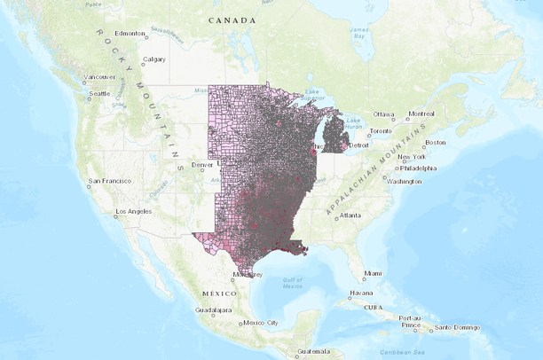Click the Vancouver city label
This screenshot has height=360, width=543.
tap(99, 77)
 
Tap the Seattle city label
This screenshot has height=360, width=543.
tap(98, 93)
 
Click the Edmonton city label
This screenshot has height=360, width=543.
tap(130, 34)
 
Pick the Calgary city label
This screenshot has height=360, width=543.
tap(154, 59)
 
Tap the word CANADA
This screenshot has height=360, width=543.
tap(232, 20)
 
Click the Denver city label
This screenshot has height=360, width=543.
tap(202, 164)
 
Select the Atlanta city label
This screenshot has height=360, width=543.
tap(350, 215)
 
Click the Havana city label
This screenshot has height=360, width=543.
tap(360, 293)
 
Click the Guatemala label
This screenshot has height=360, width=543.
tap(312, 351)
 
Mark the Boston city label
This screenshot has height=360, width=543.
tap(435, 143)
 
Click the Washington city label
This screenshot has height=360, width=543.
tap(405, 181)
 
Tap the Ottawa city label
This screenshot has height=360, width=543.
tap(382, 114)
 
